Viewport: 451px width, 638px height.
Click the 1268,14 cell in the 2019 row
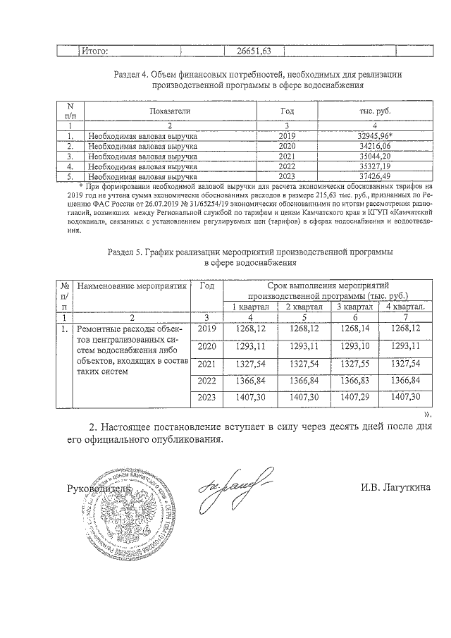coord(354,329)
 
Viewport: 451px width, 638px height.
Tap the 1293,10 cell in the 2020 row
coord(354,346)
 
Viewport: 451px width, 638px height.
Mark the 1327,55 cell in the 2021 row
coord(354,363)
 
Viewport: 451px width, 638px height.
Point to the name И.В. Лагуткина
coord(394,487)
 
